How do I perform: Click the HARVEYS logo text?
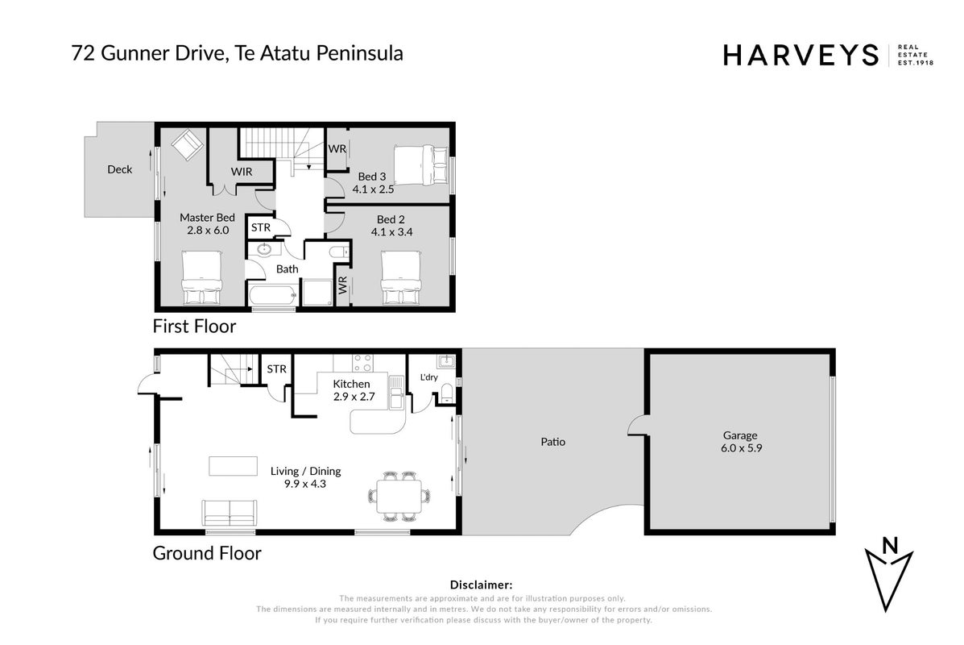pos(801,55)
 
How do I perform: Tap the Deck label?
pos(119,169)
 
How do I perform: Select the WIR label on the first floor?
pos(242,172)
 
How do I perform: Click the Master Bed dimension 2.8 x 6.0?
pos(208,230)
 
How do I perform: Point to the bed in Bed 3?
pos(421,165)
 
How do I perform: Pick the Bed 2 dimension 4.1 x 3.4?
pos(391,232)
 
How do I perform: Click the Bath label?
pos(288,269)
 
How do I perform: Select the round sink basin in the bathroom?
pos(265,249)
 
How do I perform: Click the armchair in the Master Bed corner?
pos(187,144)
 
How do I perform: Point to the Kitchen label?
pos(351,384)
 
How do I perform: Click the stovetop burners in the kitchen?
pos(362,363)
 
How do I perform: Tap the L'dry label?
pos(429,377)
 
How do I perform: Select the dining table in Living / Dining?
pos(399,497)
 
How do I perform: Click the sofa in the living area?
pos(229,513)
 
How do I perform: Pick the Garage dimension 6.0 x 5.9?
pos(742,448)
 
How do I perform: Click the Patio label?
pos(552,442)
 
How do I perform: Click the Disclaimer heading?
pos(481,585)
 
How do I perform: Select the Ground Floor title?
pos(207,552)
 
